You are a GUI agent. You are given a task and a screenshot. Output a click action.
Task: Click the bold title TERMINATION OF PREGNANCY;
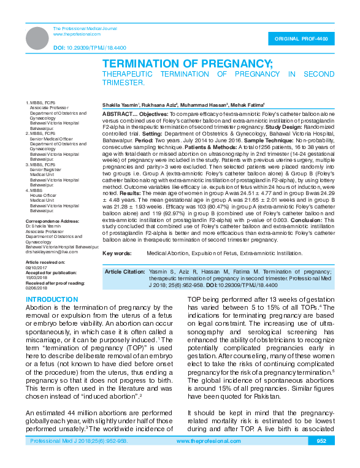coord(191,64)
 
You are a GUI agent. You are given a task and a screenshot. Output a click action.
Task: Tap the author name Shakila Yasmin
coord(120,105)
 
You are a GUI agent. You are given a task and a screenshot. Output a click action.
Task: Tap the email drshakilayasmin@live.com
coord(52,252)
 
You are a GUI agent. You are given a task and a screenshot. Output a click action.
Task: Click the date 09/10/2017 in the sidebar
coord(36,268)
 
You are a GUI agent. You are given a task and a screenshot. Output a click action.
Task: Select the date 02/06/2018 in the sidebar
coord(36,287)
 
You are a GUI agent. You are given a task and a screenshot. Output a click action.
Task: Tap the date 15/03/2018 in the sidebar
coord(36,277)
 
